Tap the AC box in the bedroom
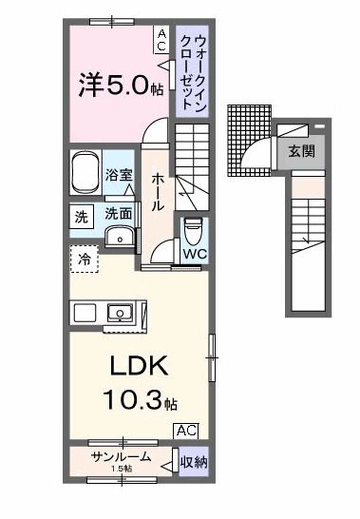point(161,39)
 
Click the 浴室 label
point(119,176)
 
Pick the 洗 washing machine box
point(80,217)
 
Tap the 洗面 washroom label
point(119,214)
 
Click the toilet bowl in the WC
point(193,230)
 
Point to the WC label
point(195,256)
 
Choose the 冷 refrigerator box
point(83,257)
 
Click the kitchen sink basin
point(120,311)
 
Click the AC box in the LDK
point(186,431)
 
